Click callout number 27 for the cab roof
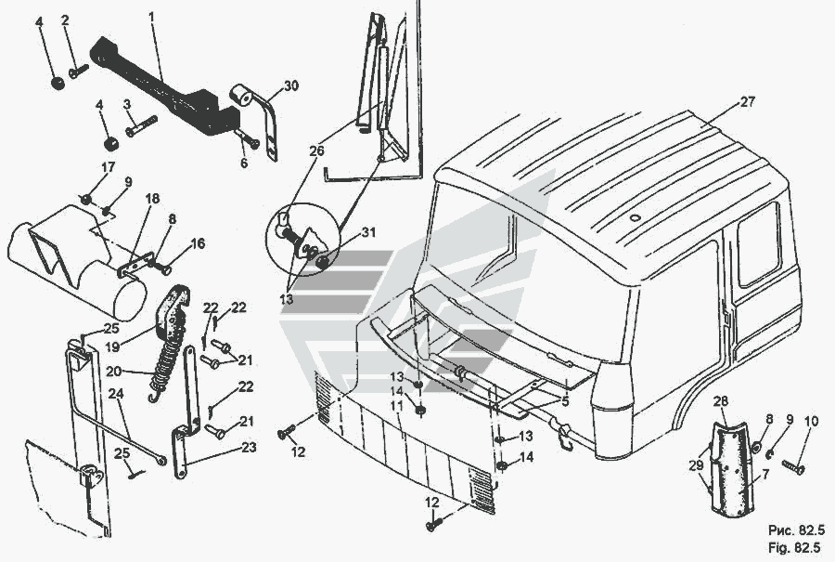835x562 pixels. [747, 102]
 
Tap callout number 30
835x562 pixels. [290, 85]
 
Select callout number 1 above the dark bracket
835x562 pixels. [152, 17]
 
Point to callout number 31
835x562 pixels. [368, 232]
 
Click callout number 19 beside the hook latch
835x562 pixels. [112, 347]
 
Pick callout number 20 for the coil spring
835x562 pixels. [113, 372]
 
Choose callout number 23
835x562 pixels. [249, 448]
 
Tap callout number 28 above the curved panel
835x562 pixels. [721, 401]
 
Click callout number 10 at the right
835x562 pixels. [811, 422]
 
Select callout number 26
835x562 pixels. [316, 150]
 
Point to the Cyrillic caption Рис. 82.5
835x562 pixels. [797, 530]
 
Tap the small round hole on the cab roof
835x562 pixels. [634, 217]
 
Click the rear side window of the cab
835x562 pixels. [759, 244]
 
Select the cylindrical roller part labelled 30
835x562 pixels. [241, 96]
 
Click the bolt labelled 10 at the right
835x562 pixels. [792, 466]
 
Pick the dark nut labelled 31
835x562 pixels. [322, 262]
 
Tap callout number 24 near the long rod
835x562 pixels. [116, 394]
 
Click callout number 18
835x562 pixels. [152, 199]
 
